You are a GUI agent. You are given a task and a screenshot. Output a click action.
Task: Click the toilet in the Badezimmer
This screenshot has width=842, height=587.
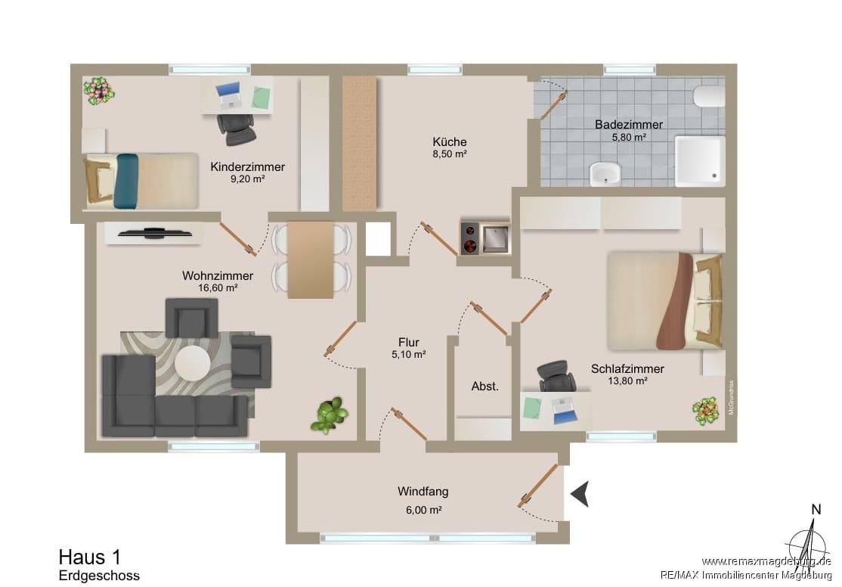pos(708,95)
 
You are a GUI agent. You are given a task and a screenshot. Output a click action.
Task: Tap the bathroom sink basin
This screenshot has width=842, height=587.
pos(605,174)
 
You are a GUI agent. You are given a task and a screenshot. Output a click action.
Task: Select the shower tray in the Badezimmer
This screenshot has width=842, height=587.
pos(700,160)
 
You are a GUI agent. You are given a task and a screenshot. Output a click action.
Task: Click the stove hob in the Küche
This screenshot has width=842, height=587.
pos(470,238)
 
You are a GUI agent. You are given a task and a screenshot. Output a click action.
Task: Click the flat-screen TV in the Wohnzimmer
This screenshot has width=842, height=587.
pos(155,233)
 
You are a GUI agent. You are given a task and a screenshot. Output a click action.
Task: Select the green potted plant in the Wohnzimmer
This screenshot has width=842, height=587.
pos(330,415)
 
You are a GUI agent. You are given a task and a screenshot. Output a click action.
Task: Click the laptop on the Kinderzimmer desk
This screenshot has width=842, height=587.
pos(229,95)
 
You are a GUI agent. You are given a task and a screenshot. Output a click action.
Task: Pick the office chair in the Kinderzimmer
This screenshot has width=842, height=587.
pos(237,129)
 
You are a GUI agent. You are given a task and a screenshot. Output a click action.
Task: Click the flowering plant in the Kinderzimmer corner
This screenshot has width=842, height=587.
pos(99,91)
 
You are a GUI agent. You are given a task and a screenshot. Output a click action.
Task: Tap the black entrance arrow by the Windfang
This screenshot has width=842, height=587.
pos(580,493)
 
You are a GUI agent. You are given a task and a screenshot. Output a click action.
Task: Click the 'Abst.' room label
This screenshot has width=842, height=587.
pos(485,386)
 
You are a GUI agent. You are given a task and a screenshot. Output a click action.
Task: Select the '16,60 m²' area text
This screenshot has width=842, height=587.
pos(218,287)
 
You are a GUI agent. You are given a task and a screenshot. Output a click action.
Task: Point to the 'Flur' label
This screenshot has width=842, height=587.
pos(409,343)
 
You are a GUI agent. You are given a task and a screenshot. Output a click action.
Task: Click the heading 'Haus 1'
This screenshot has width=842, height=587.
pos(90,557)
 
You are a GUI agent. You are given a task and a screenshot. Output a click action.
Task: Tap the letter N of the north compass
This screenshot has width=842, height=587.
pos(816,510)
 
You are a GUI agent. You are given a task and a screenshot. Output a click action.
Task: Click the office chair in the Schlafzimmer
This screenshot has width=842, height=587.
pos(557,376)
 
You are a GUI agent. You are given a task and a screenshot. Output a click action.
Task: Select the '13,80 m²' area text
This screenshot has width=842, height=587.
pos(627,381)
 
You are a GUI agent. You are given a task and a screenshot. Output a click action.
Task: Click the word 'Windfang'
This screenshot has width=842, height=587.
pos(423,492)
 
